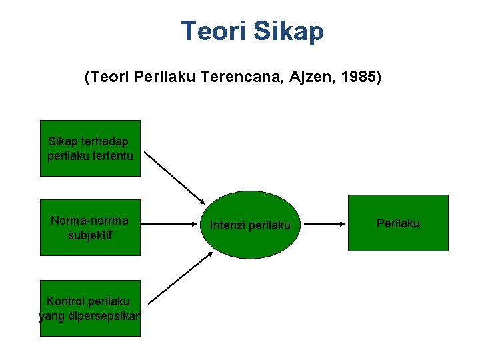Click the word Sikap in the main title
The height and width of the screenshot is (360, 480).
pyautogui.click(x=290, y=31)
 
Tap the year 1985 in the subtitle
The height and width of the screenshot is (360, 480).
pyautogui.click(x=361, y=78)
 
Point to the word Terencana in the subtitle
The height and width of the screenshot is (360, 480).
pyautogui.click(x=242, y=78)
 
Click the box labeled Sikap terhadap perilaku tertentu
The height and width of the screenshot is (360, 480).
pyautogui.click(x=91, y=148)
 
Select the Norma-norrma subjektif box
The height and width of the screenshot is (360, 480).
pyautogui.click(x=91, y=227)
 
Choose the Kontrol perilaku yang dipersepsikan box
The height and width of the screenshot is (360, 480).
pyautogui.click(x=91, y=308)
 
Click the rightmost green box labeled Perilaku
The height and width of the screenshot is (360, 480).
pyautogui.click(x=398, y=223)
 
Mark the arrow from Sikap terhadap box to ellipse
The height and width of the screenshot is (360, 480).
pyautogui.click(x=175, y=177)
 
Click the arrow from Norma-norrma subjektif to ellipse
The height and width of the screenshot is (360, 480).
pyautogui.click(x=175, y=225)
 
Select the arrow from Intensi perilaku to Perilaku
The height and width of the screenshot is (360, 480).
pyautogui.click(x=325, y=225)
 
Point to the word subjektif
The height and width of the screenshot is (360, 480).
pyautogui.click(x=90, y=235)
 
